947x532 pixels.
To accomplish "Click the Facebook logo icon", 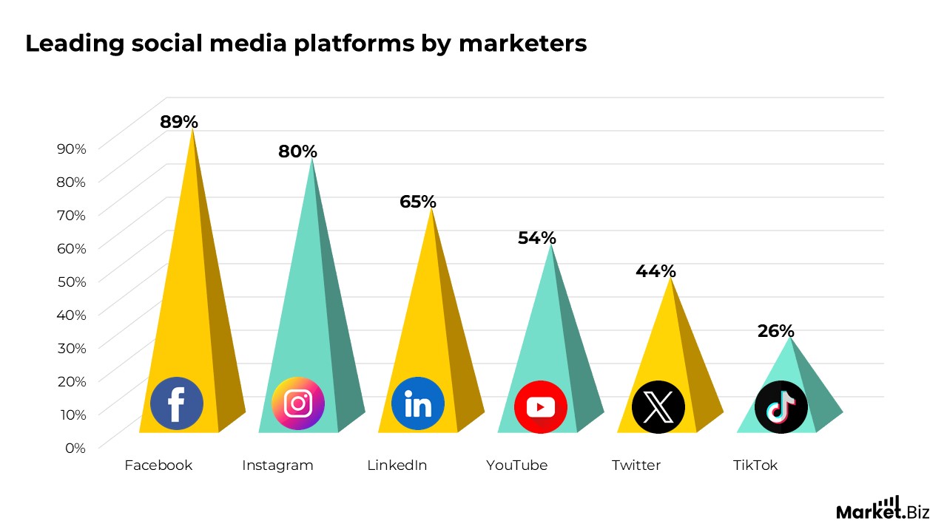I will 177,403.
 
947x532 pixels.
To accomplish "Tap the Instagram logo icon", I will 298,403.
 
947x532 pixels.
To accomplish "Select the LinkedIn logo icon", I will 418,403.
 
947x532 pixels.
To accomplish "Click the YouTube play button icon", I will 541,407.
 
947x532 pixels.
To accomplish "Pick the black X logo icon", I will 658,407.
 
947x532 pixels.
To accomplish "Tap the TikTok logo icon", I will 781,407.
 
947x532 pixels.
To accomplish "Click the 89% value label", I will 179,122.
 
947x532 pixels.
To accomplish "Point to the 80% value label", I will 297,151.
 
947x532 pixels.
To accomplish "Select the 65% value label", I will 418,202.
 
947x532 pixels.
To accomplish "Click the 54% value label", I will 536,238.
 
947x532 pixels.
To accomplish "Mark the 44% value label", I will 656,271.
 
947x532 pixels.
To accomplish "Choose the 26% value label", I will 775,331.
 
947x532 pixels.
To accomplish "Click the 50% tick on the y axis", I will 72,281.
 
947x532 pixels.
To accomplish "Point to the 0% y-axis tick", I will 75,447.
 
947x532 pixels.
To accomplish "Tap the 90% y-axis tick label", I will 72,148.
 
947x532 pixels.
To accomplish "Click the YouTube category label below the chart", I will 516,465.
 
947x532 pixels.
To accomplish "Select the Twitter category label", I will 636,465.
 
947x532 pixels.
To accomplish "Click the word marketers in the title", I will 522,44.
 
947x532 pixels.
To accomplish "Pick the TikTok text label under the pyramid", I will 755,465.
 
